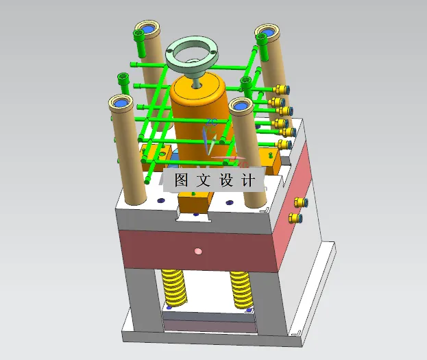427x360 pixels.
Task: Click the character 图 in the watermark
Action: (x=182, y=180)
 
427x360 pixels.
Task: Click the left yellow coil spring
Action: (x=175, y=288)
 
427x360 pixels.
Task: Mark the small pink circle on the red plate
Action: (x=199, y=251)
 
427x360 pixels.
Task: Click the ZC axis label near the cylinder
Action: (x=211, y=123)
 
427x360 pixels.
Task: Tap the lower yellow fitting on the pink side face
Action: (x=296, y=219)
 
